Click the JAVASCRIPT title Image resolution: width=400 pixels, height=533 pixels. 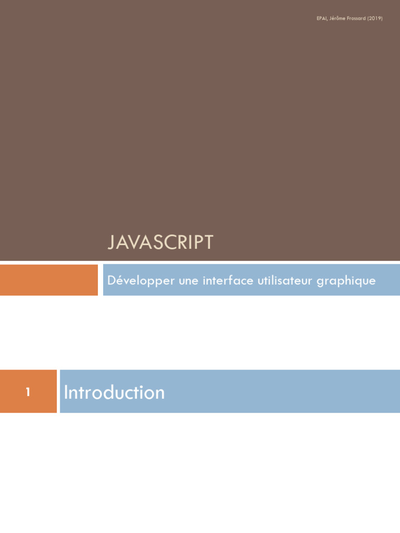tap(160, 242)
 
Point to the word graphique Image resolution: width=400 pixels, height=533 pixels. tap(346, 281)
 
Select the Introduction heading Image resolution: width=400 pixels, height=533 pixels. tap(114, 392)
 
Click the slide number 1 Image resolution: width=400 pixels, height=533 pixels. tap(28, 392)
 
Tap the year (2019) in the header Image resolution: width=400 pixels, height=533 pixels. tap(375, 18)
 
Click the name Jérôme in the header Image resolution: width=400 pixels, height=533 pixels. tap(337, 18)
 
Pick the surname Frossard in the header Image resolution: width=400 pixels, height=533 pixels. tap(356, 18)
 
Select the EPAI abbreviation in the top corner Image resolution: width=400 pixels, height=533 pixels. tap(322, 18)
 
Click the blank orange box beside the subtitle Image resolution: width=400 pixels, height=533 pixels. tap(48, 280)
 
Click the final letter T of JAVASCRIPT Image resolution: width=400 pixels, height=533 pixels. tap(208, 242)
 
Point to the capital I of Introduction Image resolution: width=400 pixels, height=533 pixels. tap(66, 392)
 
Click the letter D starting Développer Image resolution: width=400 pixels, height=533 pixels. tap(112, 280)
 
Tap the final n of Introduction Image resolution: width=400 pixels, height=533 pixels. tap(160, 395)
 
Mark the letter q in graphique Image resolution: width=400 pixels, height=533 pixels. tap(357, 283)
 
